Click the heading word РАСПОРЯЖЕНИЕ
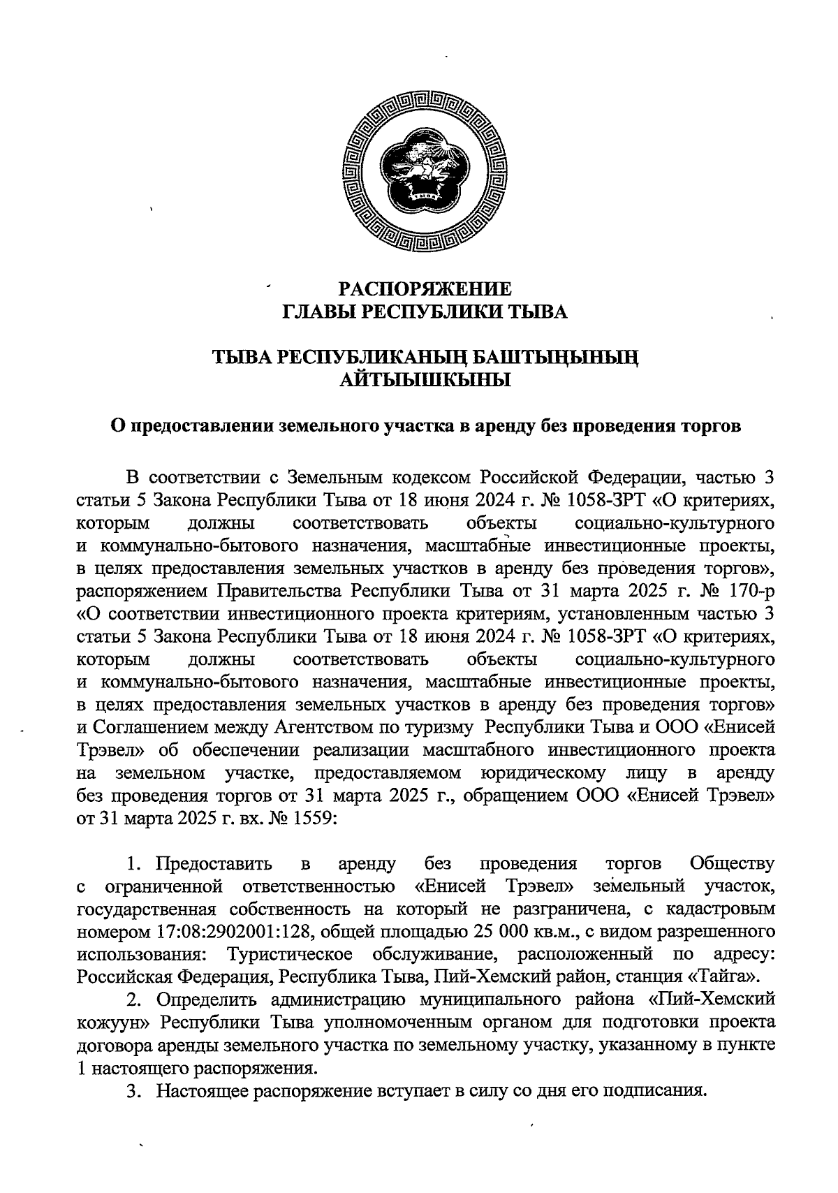click(x=425, y=288)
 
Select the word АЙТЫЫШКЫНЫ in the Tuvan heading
click(x=425, y=381)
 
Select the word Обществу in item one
click(x=731, y=864)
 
